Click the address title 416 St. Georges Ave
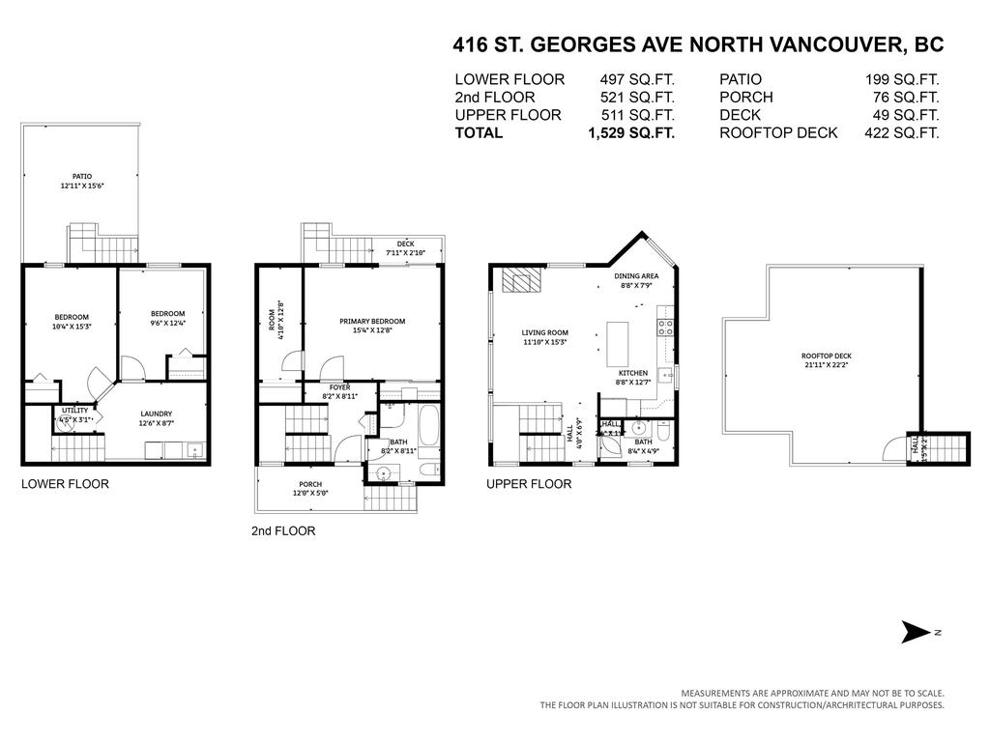pyautogui.click(x=698, y=44)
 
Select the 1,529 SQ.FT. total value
pyautogui.click(x=630, y=133)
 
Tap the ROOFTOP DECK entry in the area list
pyautogui.click(x=777, y=133)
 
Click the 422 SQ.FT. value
pyautogui.click(x=901, y=133)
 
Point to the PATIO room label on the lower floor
pyautogui.click(x=82, y=177)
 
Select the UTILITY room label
pyautogui.click(x=74, y=411)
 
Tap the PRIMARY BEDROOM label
pyautogui.click(x=371, y=322)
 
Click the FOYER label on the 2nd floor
pyautogui.click(x=338, y=386)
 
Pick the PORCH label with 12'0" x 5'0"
pyautogui.click(x=310, y=484)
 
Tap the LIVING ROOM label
pyautogui.click(x=544, y=332)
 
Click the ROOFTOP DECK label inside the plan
pyautogui.click(x=826, y=355)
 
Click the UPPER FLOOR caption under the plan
pyautogui.click(x=528, y=484)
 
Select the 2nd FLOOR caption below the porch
pyautogui.click(x=283, y=530)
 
